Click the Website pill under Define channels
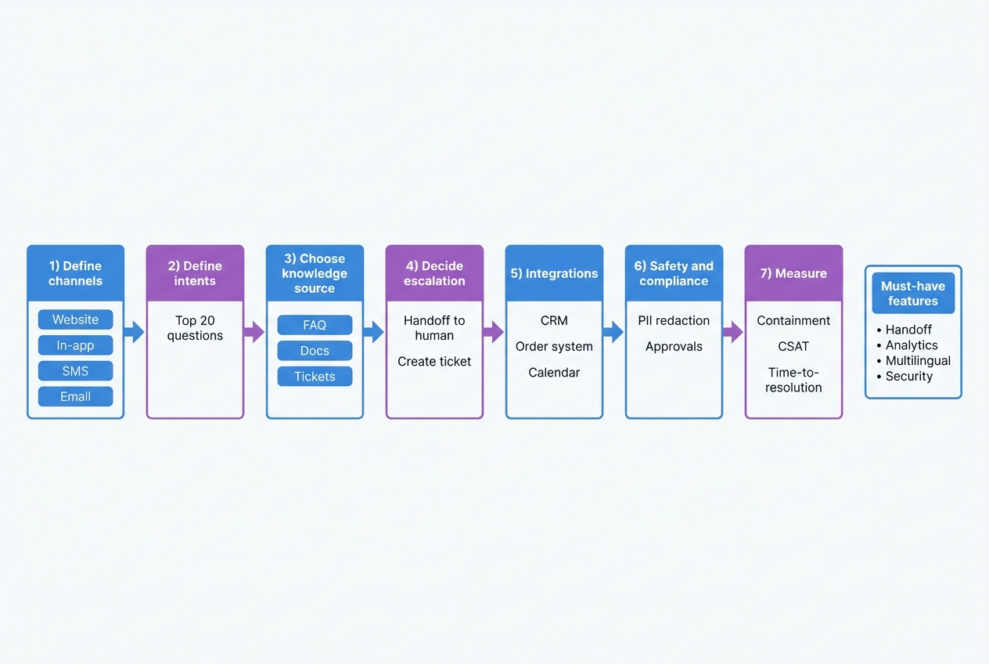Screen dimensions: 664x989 75,319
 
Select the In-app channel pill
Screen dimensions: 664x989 75,345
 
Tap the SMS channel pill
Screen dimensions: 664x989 75,371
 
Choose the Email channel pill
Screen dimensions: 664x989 75,396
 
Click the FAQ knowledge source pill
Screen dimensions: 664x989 315,325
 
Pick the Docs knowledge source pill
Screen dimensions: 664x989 315,351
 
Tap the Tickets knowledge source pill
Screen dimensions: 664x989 315,377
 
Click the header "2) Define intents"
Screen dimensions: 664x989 195,273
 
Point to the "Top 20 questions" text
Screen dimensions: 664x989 195,328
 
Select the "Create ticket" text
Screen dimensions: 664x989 434,361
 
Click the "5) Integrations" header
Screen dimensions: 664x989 554,273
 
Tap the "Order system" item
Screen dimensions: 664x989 554,347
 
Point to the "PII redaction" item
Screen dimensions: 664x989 674,320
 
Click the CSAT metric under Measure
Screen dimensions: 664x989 793,347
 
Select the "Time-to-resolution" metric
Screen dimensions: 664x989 793,380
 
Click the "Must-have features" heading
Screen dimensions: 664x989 913,294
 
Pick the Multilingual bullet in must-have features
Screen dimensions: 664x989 918,361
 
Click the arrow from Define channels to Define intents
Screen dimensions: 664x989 135,332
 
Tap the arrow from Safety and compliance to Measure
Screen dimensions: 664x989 732,332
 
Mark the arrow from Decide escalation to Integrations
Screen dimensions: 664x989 494,332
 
